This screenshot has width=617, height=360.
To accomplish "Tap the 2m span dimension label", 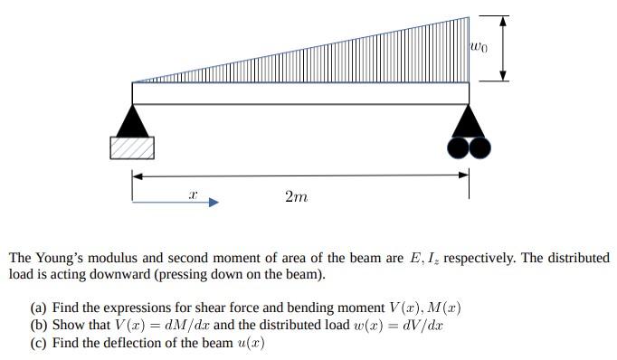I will pyautogui.click(x=296, y=196).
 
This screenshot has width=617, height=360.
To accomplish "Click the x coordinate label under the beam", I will pyautogui.click(x=192, y=194).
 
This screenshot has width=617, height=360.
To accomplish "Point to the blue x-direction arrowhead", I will pyautogui.click(x=213, y=203).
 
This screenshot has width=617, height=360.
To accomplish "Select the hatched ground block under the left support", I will pyautogui.click(x=132, y=147).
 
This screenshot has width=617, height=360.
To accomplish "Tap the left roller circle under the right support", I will pyautogui.click(x=459, y=147).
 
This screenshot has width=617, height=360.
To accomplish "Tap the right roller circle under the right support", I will pyautogui.click(x=479, y=147).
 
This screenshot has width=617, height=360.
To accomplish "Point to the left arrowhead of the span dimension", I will pyautogui.click(x=138, y=175).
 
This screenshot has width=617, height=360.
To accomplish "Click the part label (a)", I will pyautogui.click(x=40, y=308).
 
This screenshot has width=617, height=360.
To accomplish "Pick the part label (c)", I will pyautogui.click(x=40, y=343).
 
